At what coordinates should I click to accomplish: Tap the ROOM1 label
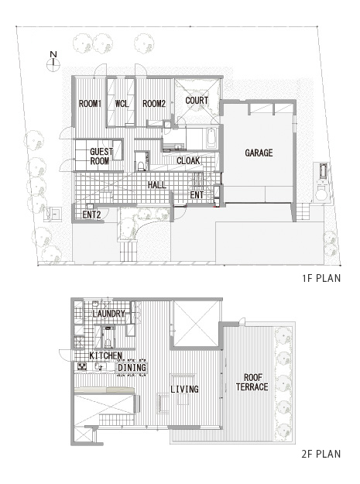90,104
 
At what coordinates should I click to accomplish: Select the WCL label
122,104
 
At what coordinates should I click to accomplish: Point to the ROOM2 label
154,104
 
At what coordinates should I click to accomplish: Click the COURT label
197,101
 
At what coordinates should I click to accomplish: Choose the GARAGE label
259,153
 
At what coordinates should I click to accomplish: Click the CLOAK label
188,161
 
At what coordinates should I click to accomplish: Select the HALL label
157,185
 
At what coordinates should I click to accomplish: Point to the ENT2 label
91,215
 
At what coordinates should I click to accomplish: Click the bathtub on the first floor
211,138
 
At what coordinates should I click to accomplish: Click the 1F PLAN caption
321,278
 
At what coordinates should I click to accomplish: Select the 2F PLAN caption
321,454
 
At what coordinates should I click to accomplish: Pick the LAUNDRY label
108,314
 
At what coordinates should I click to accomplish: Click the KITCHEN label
106,355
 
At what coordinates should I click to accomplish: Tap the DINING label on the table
132,368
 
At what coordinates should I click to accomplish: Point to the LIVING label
184,389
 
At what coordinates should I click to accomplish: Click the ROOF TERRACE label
252,382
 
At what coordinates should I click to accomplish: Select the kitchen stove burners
82,366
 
